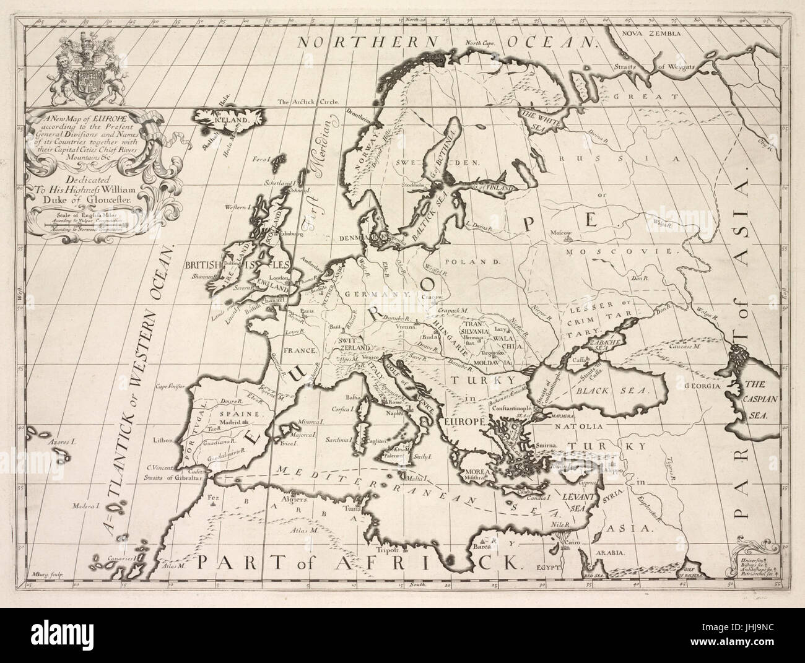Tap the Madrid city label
point(229,423)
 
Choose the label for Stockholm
point(411,184)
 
